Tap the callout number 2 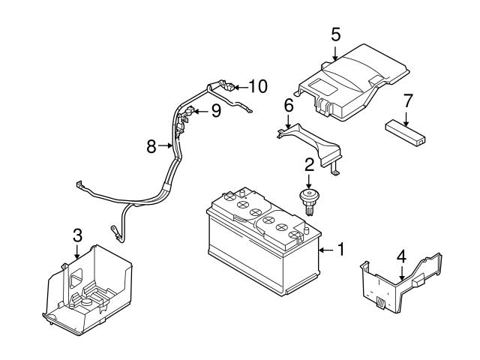(308, 164)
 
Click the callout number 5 (335, 34)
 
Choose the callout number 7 (408, 100)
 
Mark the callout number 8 (151, 146)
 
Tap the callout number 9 (215, 112)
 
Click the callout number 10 (257, 86)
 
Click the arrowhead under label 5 (335, 55)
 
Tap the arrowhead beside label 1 (320, 249)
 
